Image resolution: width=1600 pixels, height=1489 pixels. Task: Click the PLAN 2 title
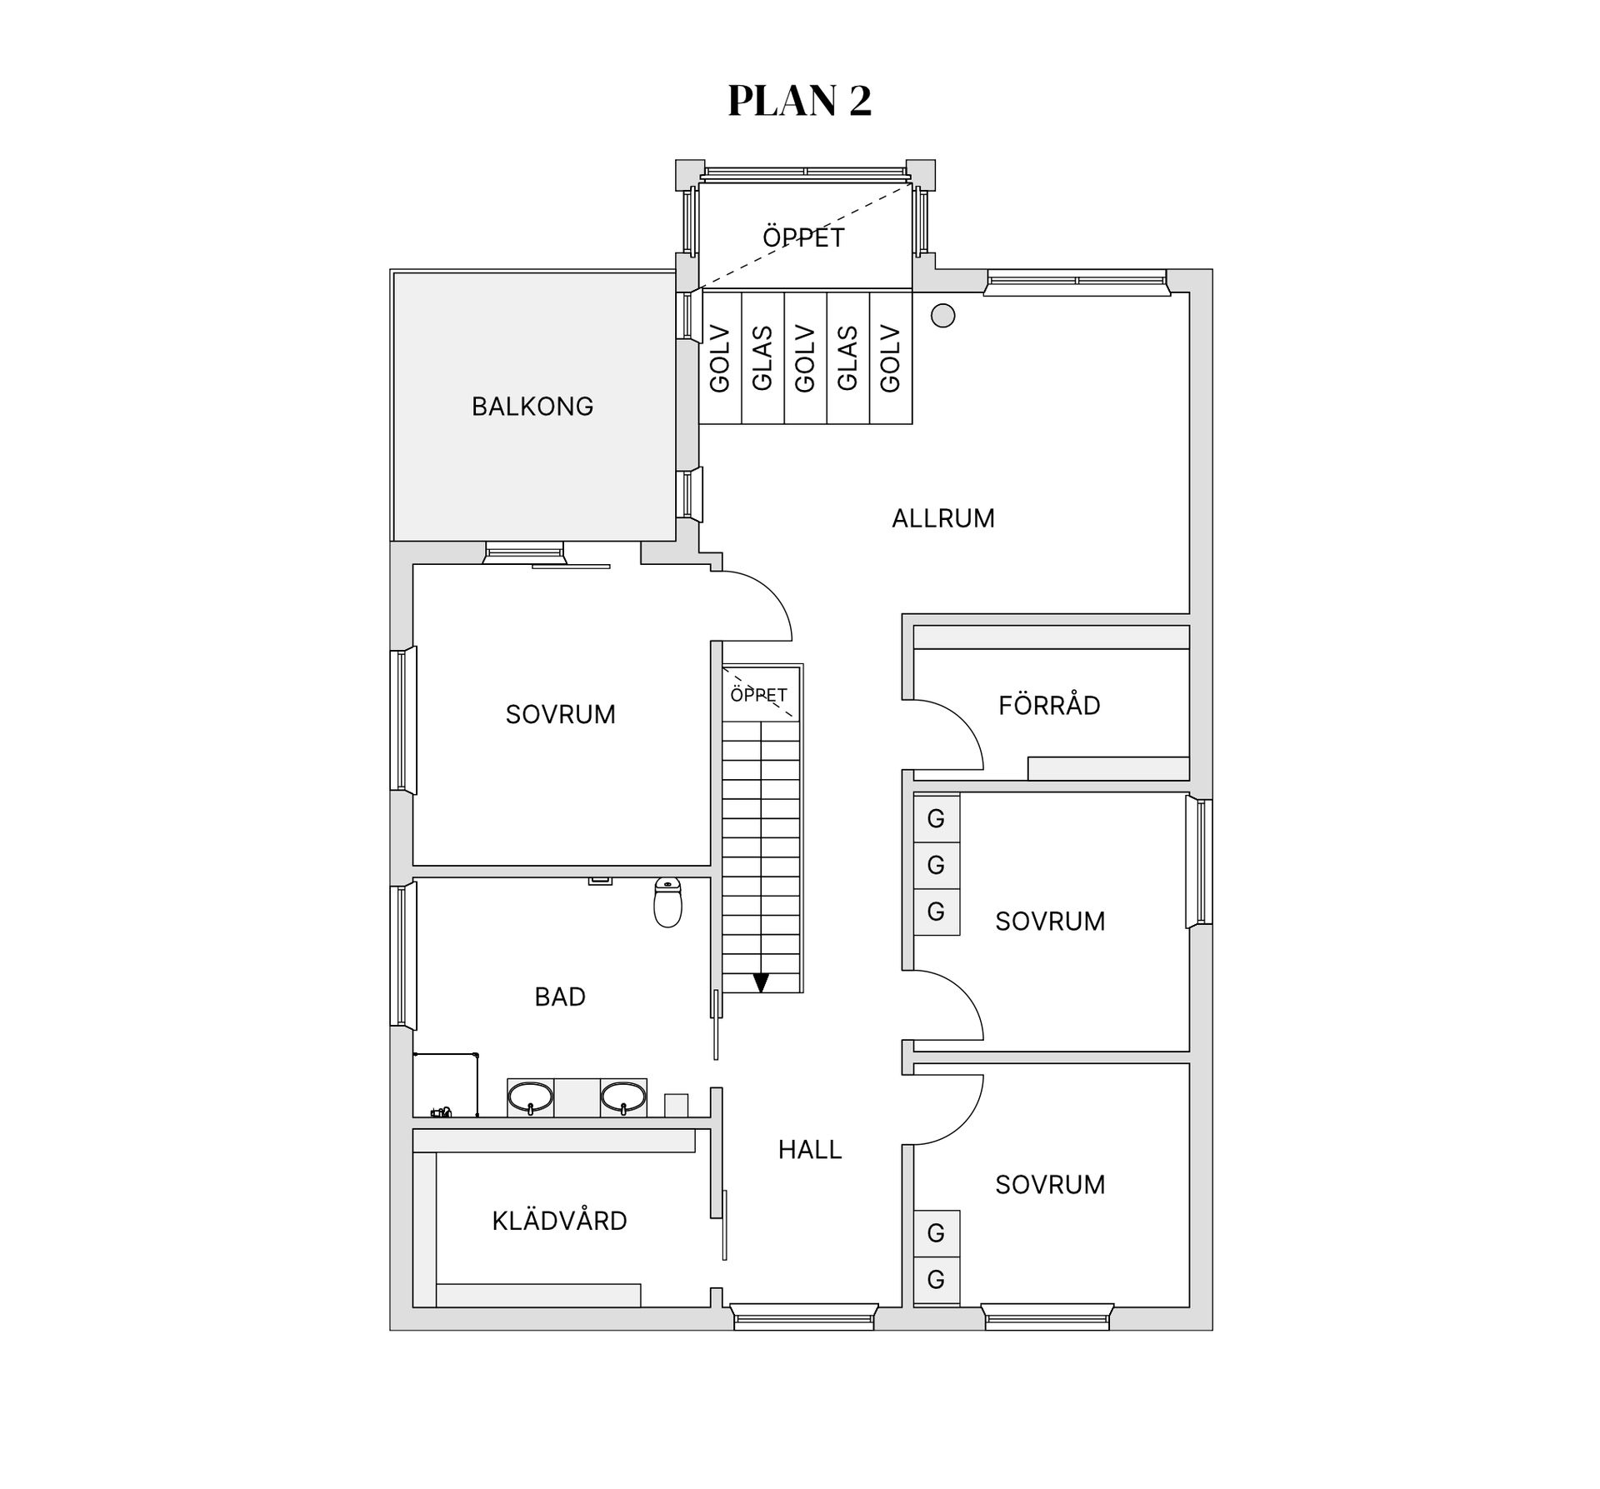tap(799, 101)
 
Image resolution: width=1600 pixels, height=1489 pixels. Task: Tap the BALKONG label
tap(532, 407)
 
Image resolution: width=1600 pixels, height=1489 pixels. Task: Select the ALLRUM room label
tap(943, 518)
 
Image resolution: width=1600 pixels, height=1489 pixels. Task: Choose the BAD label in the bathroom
tap(560, 997)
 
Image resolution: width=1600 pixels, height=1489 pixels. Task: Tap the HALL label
tap(810, 1150)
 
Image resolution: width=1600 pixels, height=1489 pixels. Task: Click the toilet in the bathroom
tap(667, 902)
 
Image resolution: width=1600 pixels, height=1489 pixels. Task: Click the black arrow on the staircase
tap(761, 983)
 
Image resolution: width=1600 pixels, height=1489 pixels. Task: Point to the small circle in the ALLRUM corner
tap(942, 316)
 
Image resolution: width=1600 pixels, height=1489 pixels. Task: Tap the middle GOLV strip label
tap(805, 358)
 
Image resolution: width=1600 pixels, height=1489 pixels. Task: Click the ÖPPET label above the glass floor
tap(803, 237)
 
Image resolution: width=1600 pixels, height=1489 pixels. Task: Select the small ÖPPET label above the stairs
tap(758, 694)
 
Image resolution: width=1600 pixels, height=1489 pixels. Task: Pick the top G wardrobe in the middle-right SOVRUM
tap(936, 818)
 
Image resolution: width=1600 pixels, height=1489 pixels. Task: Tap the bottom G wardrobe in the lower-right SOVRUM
tap(936, 1279)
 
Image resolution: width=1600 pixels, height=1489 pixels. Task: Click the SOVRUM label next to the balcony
tap(560, 714)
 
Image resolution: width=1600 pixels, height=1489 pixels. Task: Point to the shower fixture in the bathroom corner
tap(442, 1112)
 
